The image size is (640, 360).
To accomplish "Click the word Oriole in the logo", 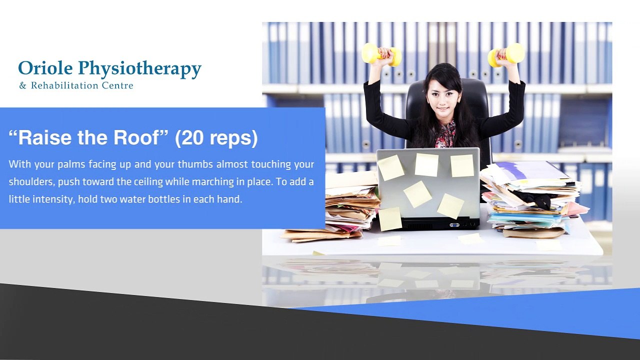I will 45,68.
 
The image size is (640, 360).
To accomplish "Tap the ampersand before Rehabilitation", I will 22,85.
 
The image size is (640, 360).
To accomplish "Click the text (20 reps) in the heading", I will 216,138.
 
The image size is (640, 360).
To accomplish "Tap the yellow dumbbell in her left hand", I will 506,54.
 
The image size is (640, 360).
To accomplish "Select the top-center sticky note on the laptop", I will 426,164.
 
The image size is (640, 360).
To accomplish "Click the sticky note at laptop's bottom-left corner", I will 390,219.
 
